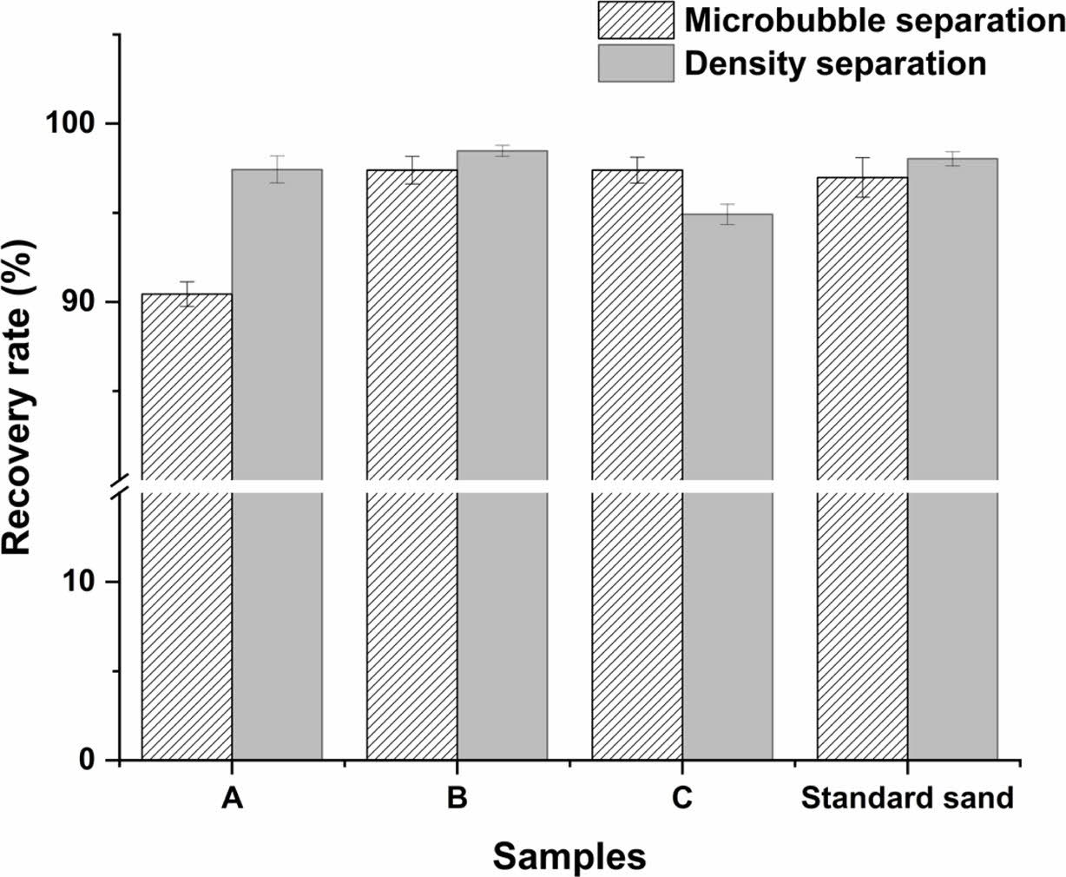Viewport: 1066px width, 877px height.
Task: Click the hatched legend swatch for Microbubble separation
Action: point(635,20)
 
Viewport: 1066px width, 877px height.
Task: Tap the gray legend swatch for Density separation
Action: point(635,63)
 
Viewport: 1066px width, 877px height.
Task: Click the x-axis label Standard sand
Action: point(907,797)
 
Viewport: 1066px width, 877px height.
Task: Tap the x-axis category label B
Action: point(457,797)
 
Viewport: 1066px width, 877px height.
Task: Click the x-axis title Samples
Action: point(569,856)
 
